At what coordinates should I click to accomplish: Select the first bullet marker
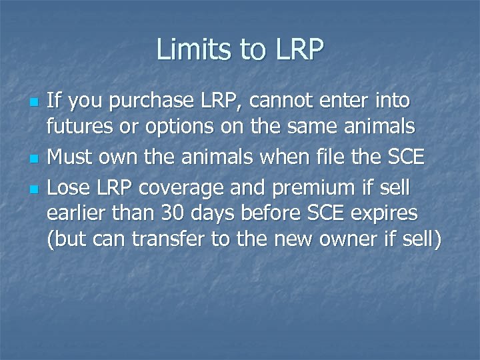[x=35, y=103]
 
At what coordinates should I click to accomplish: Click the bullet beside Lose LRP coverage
[x=35, y=190]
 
